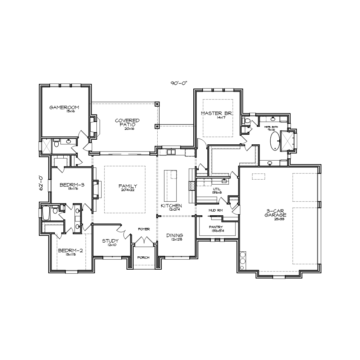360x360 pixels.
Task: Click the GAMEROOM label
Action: [x=64, y=107]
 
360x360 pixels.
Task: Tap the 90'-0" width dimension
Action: [x=179, y=83]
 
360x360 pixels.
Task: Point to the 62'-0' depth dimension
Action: [x=41, y=183]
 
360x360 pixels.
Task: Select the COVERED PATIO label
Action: [x=127, y=122]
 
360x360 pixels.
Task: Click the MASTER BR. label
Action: [x=217, y=113]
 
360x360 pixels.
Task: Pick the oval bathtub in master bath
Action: [x=275, y=141]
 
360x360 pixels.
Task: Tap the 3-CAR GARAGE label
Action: [x=275, y=213]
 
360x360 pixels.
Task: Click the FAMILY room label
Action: [x=128, y=186]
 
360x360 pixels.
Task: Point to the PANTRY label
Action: [x=216, y=227]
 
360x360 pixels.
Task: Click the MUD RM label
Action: [x=216, y=210]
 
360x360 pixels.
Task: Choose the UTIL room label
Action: [x=216, y=189]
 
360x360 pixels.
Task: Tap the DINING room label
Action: [x=175, y=235]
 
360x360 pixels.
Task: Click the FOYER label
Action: [x=144, y=229]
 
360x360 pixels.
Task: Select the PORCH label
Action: [x=143, y=257]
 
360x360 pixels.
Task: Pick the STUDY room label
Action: [x=111, y=241]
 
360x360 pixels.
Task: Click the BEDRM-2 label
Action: [x=71, y=251]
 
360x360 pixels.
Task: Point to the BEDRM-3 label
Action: [x=72, y=185]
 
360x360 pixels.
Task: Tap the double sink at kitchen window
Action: [x=171, y=152]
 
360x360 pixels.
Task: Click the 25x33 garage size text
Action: [x=279, y=219]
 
